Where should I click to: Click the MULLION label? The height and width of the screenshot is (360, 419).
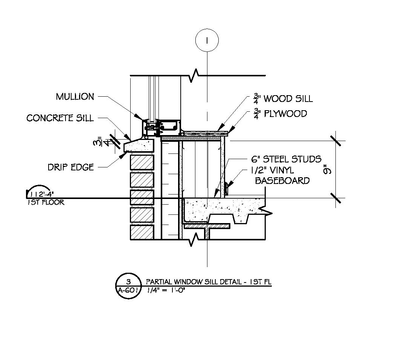click(75, 96)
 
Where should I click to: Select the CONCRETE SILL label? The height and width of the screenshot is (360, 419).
click(60, 118)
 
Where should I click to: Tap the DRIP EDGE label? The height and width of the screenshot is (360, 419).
click(71, 167)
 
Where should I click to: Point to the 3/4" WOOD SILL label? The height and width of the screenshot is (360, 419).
click(283, 98)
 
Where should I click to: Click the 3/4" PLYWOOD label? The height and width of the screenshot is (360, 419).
click(280, 114)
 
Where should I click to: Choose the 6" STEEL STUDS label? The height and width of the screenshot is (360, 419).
click(286, 159)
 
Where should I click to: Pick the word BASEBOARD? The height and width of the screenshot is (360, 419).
click(282, 181)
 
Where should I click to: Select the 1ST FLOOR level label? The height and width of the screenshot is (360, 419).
click(46, 202)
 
